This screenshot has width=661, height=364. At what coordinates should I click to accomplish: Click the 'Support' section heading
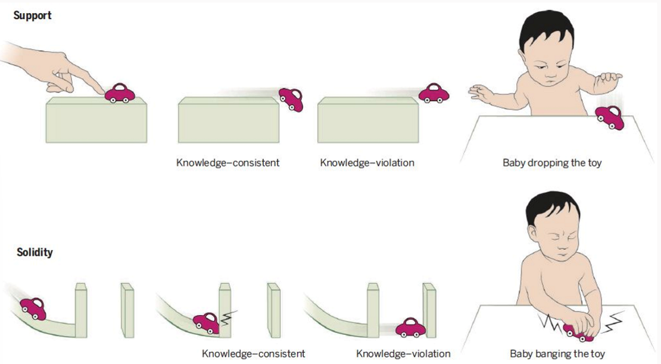click(x=32, y=15)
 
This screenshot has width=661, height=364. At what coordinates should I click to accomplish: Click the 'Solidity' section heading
click(x=35, y=252)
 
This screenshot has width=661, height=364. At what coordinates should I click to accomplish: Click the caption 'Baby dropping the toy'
click(x=552, y=162)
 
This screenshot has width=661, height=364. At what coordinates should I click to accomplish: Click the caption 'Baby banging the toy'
click(x=551, y=353)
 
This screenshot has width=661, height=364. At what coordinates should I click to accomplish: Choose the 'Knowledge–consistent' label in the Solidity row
click(x=253, y=353)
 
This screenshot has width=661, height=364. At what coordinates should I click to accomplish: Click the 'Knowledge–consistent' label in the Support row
click(x=228, y=162)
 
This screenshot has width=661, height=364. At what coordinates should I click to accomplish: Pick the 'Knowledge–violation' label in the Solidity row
click(x=403, y=353)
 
